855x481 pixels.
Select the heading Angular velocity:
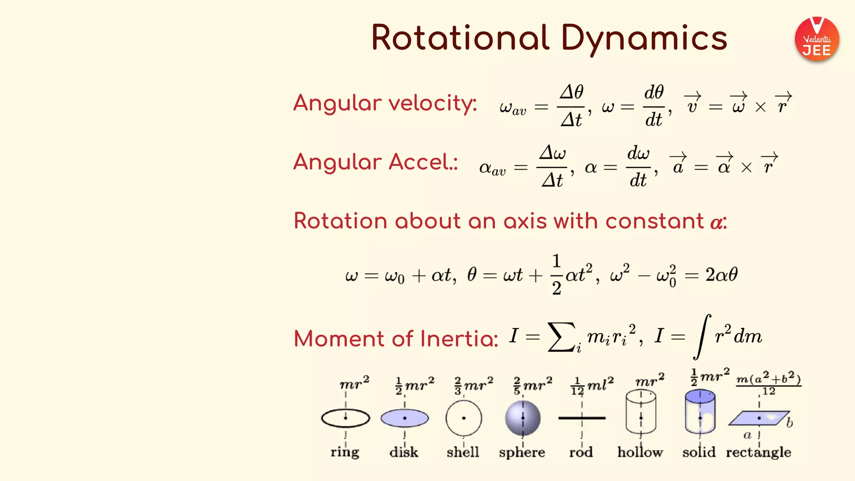pyautogui.click(x=385, y=103)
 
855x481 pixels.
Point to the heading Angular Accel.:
pyautogui.click(x=375, y=162)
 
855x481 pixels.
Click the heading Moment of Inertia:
pyautogui.click(x=396, y=339)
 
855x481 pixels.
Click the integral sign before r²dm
pyautogui.click(x=702, y=337)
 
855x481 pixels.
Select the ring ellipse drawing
pyautogui.click(x=346, y=418)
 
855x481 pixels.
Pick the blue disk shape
pyautogui.click(x=405, y=418)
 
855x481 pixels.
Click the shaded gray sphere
pyautogui.click(x=523, y=418)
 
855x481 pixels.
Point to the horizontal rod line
pyautogui.click(x=582, y=418)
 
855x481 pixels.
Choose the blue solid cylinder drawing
pyautogui.click(x=700, y=413)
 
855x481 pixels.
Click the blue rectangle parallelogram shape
pyautogui.click(x=759, y=418)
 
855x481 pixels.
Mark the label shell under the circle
pyautogui.click(x=463, y=452)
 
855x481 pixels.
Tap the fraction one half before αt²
pyautogui.click(x=556, y=275)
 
